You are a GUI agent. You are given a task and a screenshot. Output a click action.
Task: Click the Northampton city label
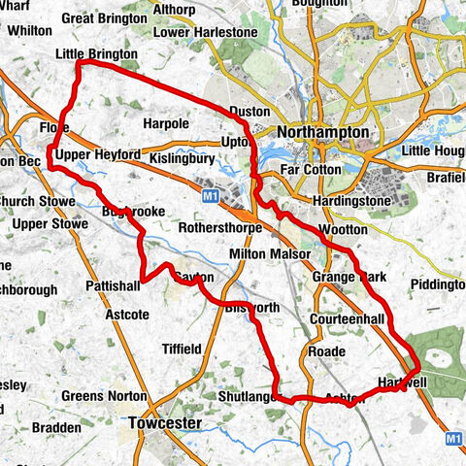322,132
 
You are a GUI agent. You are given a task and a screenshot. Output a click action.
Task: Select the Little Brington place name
97,54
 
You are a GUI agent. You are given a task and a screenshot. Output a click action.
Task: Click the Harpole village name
165,124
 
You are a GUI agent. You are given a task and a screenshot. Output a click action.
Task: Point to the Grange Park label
349,278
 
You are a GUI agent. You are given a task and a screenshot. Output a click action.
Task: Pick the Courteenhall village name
348,319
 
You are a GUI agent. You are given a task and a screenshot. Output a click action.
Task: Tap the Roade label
325,350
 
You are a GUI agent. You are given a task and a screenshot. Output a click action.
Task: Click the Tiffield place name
182,349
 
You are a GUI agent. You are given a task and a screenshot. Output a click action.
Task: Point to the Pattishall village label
115,288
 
